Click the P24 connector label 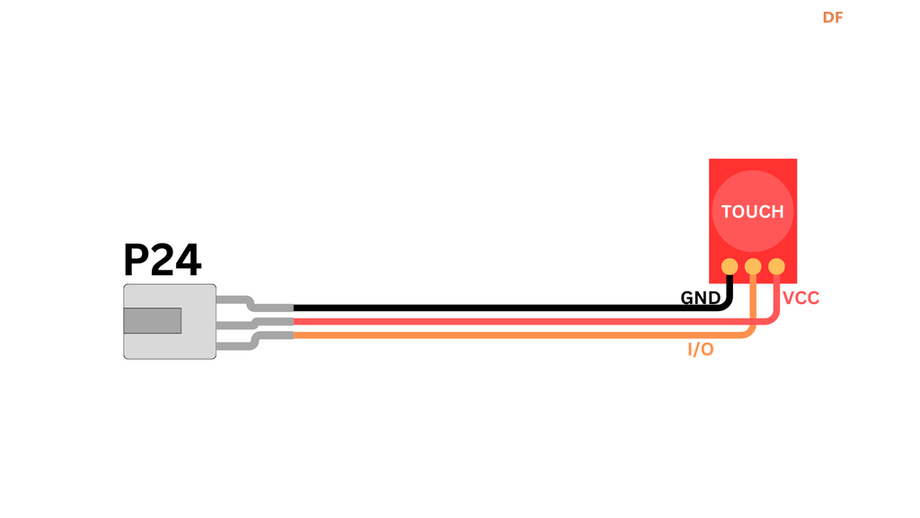[163, 261]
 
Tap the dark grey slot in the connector [153, 320]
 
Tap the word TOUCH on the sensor [753, 212]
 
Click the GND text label [700, 298]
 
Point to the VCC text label [801, 298]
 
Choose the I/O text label [701, 350]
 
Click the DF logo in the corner [833, 17]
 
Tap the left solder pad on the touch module [730, 266]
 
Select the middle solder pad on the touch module [753, 266]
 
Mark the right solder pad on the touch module [776, 266]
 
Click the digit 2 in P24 [163, 261]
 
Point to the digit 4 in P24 [189, 261]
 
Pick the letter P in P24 [137, 261]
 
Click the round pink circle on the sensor [753, 189]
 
